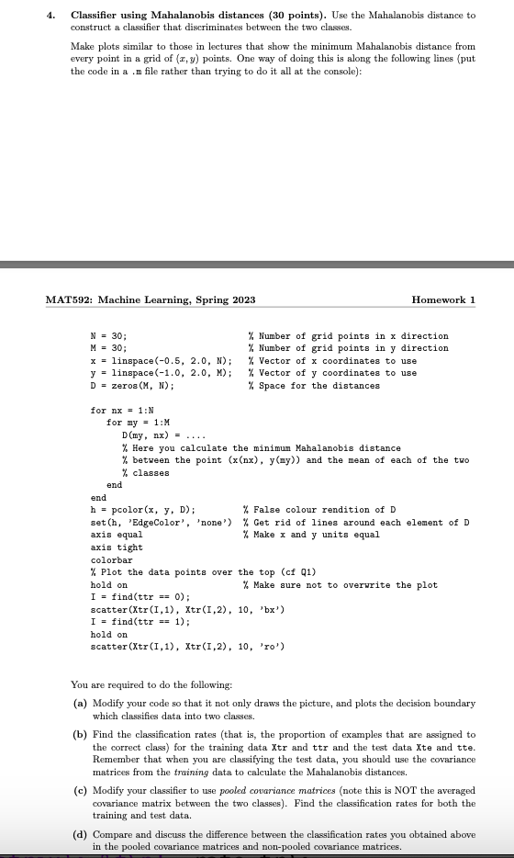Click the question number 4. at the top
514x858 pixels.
(53, 16)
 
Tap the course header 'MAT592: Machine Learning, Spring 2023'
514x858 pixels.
(150, 300)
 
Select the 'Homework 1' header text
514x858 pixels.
(444, 300)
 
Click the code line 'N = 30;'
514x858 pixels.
(108, 336)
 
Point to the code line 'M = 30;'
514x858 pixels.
(108, 348)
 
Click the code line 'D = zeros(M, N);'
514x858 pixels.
(129, 386)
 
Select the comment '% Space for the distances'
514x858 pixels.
(320, 386)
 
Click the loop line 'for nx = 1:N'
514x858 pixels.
(118, 411)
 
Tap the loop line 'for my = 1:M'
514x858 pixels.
(134, 423)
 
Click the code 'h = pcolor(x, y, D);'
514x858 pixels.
(142, 510)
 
